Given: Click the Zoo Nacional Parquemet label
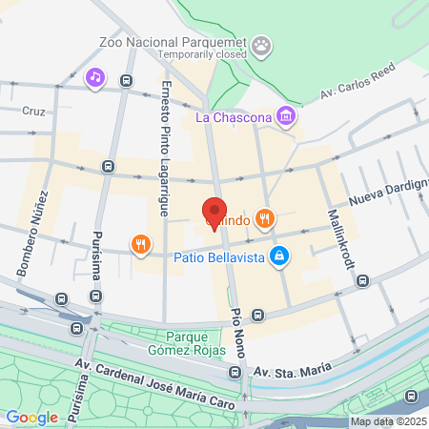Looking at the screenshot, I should click(172, 42).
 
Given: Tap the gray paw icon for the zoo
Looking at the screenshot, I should click(261, 44).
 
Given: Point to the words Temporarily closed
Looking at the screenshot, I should click(201, 54).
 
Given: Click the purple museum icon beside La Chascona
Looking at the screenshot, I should click(286, 117).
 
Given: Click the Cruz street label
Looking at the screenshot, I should click(33, 111).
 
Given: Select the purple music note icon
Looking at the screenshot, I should click(95, 77).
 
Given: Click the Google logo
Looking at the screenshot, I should click(31, 417).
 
